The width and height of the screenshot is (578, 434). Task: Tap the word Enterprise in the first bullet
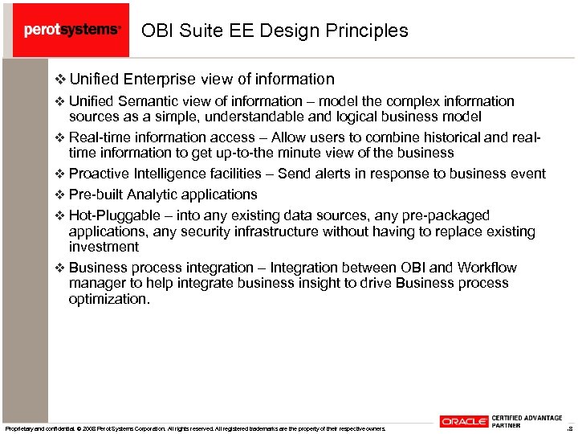coord(162,79)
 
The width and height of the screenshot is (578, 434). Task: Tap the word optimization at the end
coord(108,299)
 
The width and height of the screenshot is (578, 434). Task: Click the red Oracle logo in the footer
coord(463,421)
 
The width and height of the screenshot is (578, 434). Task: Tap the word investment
coord(104,247)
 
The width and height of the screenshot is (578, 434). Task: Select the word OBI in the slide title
coord(157,31)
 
